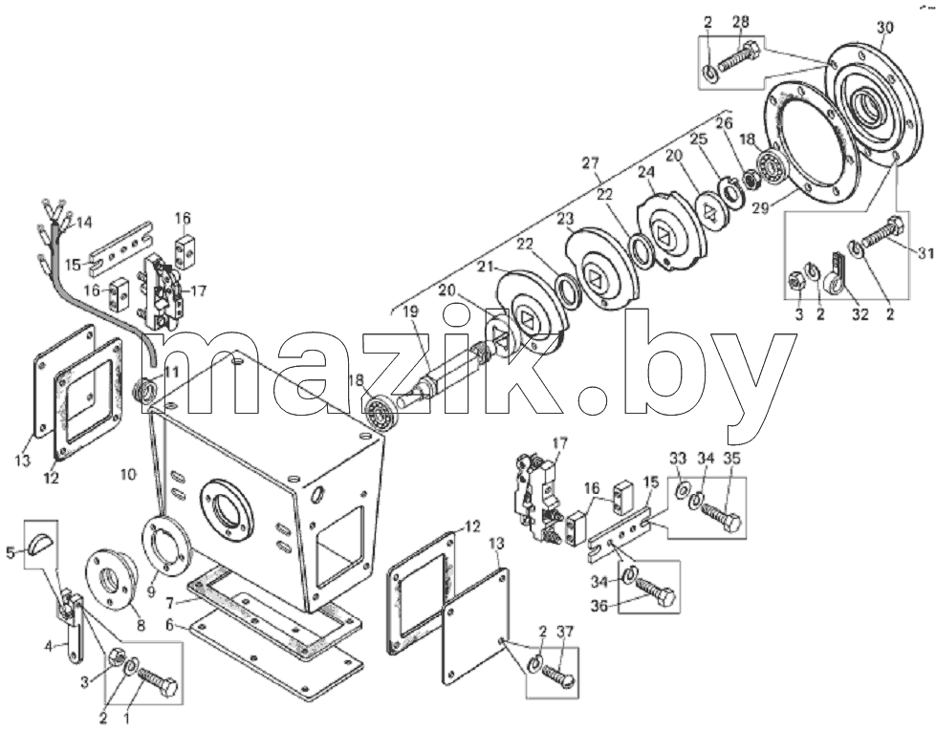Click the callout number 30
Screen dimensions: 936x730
[x=885, y=28]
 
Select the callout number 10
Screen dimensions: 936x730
[x=128, y=475]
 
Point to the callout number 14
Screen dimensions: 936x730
[x=84, y=223]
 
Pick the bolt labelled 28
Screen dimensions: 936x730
[x=739, y=60]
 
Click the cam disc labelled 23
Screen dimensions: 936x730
[x=600, y=267]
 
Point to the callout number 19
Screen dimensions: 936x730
[x=410, y=311]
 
